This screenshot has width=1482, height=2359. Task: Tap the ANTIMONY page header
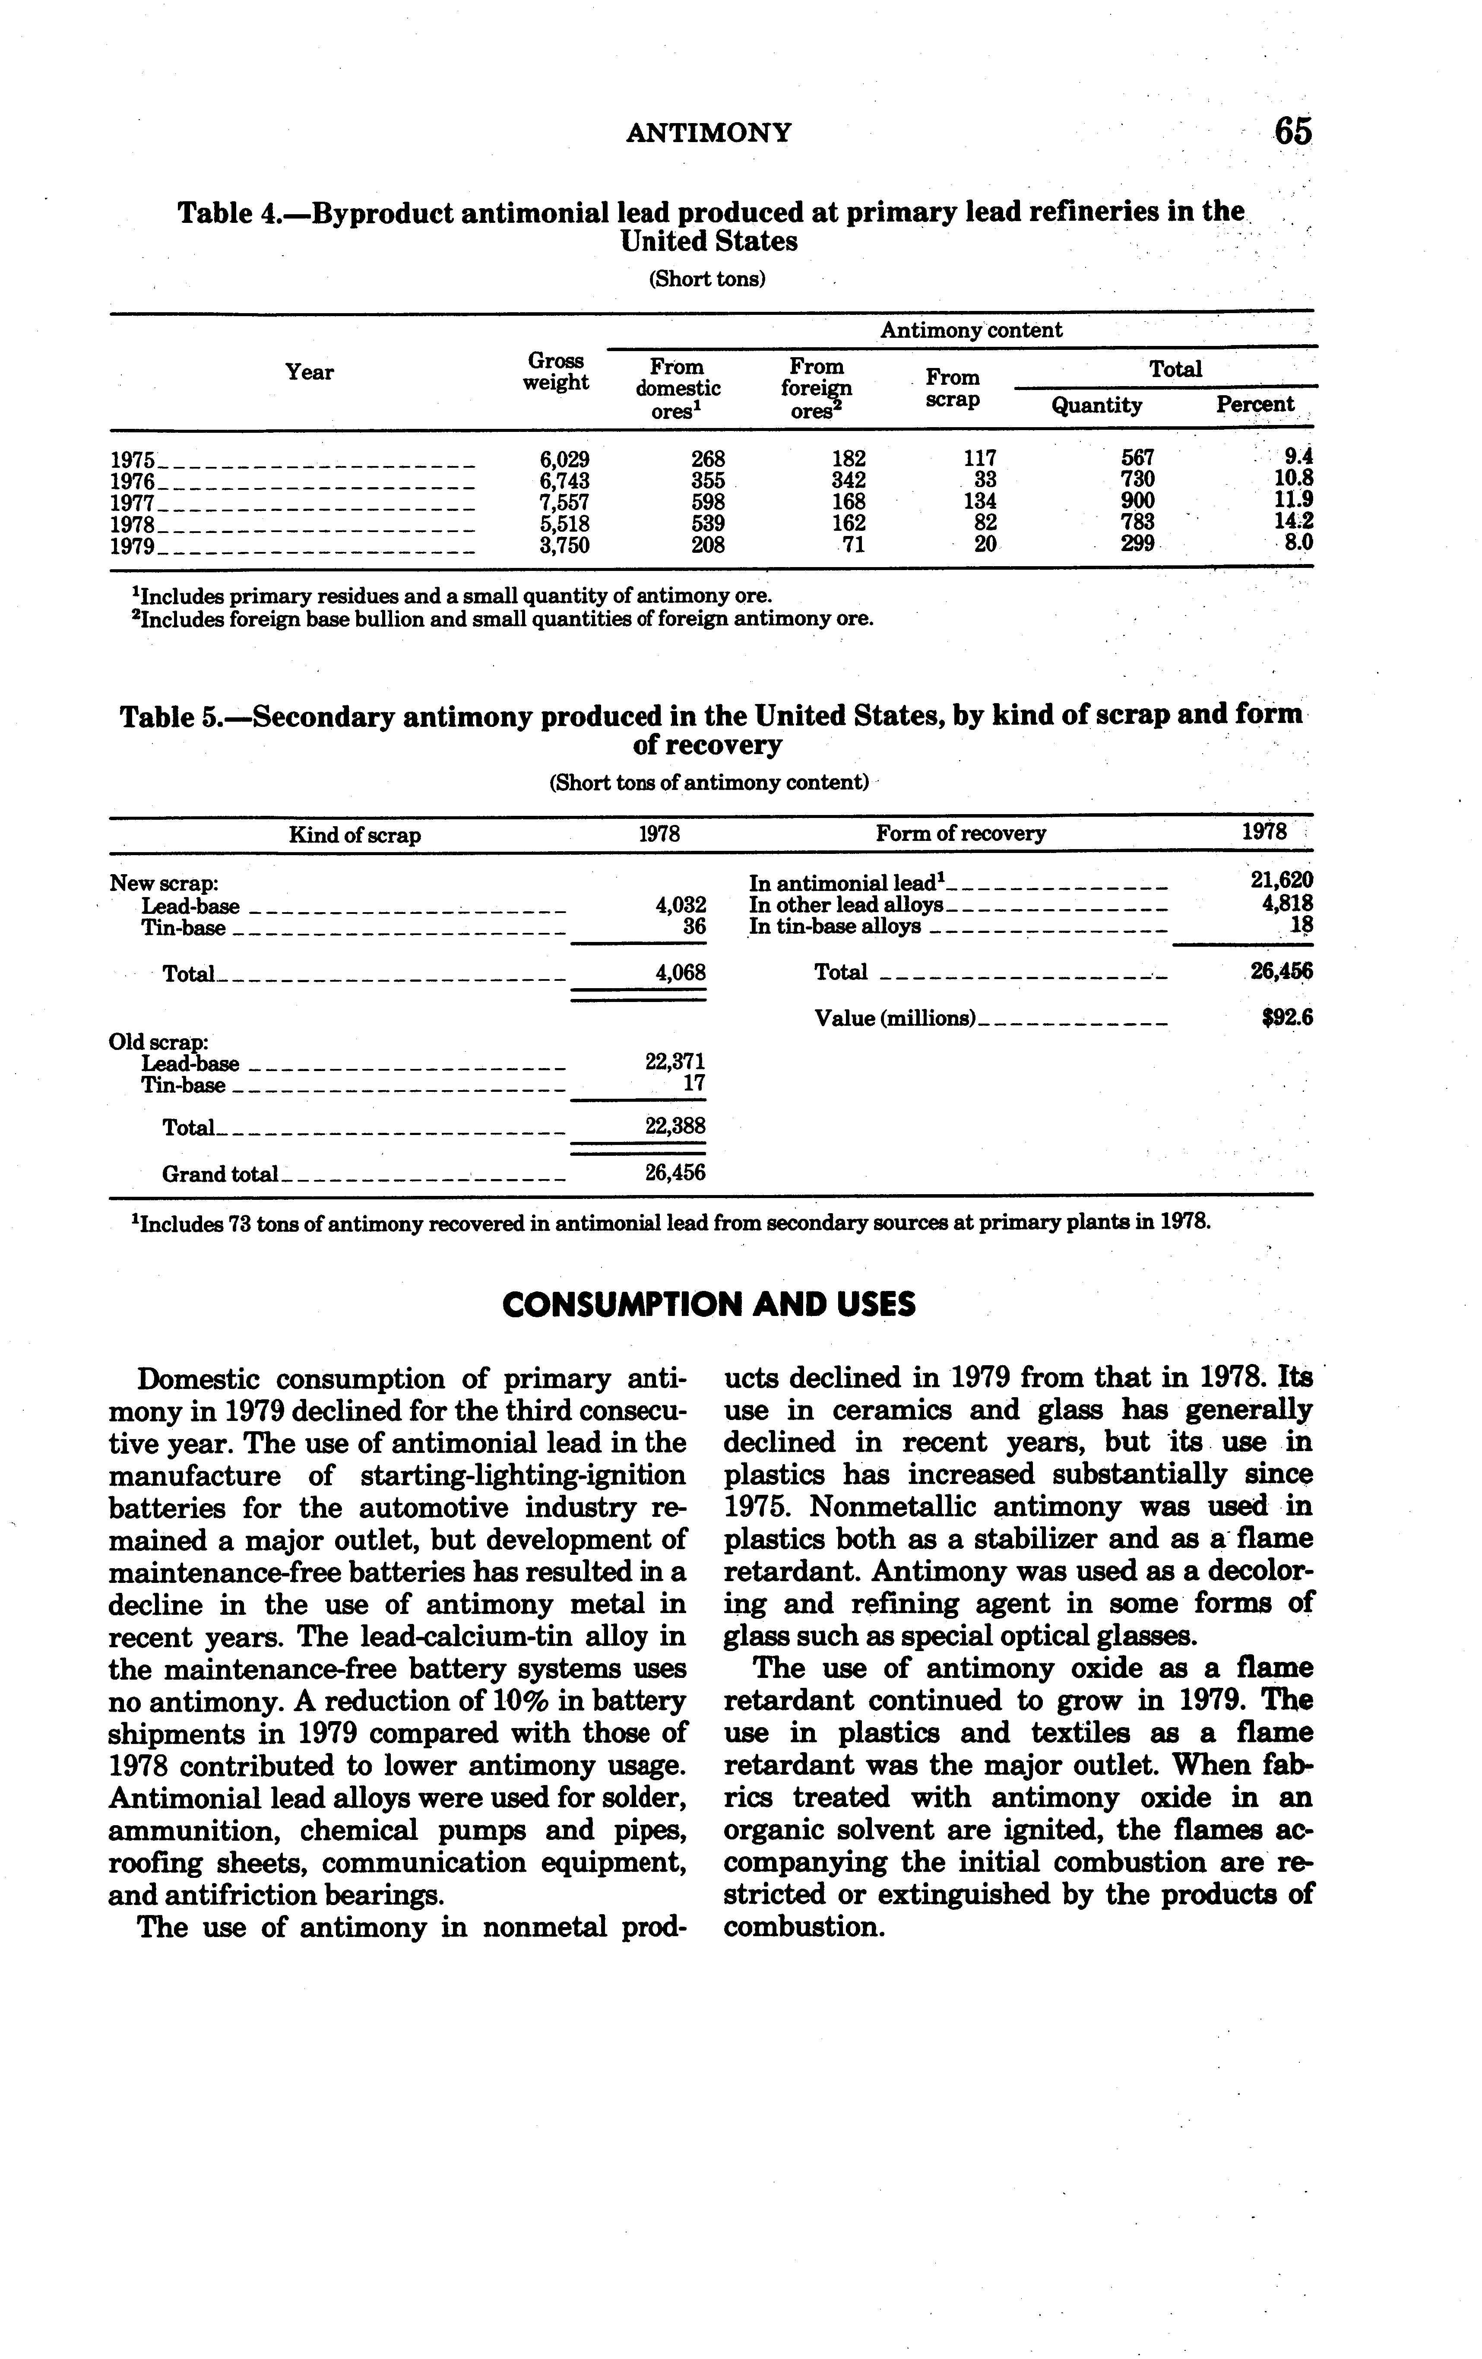point(708,132)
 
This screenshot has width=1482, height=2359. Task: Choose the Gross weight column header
point(555,372)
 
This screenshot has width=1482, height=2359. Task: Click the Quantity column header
point(1096,406)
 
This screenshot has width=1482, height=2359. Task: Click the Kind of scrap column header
point(355,836)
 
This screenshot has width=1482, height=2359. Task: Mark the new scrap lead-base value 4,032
point(680,906)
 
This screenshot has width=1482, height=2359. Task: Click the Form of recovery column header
point(960,834)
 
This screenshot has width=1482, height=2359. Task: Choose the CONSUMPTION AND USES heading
point(708,1305)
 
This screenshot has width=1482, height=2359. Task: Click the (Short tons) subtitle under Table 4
point(706,279)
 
